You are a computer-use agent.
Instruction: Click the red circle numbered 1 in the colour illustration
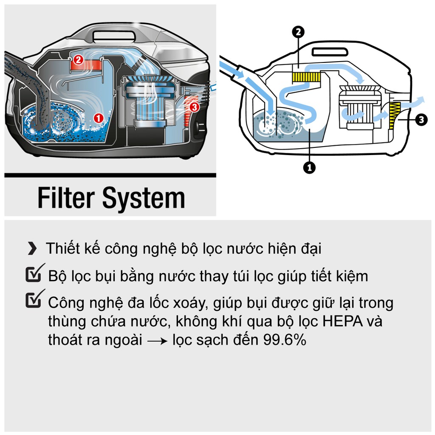coord(99,118)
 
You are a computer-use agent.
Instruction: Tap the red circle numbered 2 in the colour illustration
coord(78,59)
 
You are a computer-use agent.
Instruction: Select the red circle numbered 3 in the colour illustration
coord(194,107)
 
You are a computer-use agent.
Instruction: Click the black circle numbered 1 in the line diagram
coord(309,167)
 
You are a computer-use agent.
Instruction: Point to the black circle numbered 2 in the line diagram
coord(298,32)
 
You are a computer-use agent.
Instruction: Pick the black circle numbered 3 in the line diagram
coord(421,120)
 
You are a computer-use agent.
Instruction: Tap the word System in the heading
coord(144,199)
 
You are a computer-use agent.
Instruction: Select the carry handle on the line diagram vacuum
coord(330,52)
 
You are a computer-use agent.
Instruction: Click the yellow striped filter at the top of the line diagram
coord(307,77)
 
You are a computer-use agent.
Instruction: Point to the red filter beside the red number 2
coord(89,65)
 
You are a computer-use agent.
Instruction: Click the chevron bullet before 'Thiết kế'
coord(32,248)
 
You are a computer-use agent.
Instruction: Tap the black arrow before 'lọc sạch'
coord(158,341)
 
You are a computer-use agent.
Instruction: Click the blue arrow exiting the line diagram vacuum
coord(413,102)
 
